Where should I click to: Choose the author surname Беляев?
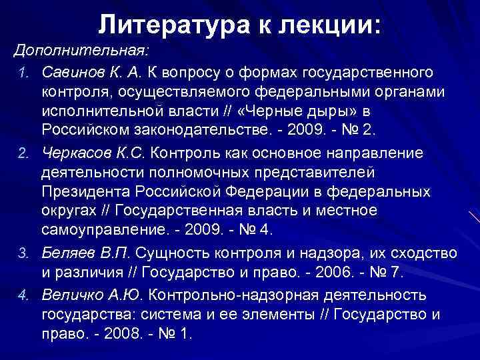pos(67,253)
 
